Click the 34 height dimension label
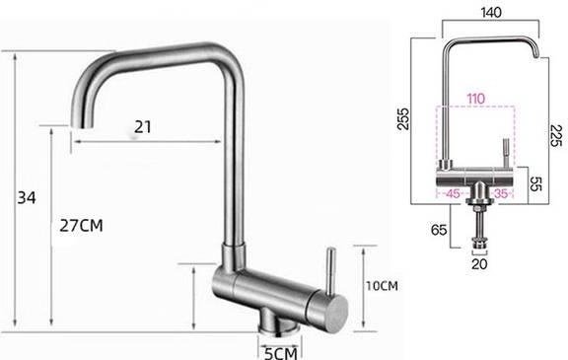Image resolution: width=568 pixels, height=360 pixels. [x=27, y=198]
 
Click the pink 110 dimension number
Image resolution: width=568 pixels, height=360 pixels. [x=476, y=98]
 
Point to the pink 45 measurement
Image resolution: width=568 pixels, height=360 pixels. [x=454, y=193]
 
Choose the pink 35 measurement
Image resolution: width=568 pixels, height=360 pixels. [x=502, y=193]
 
